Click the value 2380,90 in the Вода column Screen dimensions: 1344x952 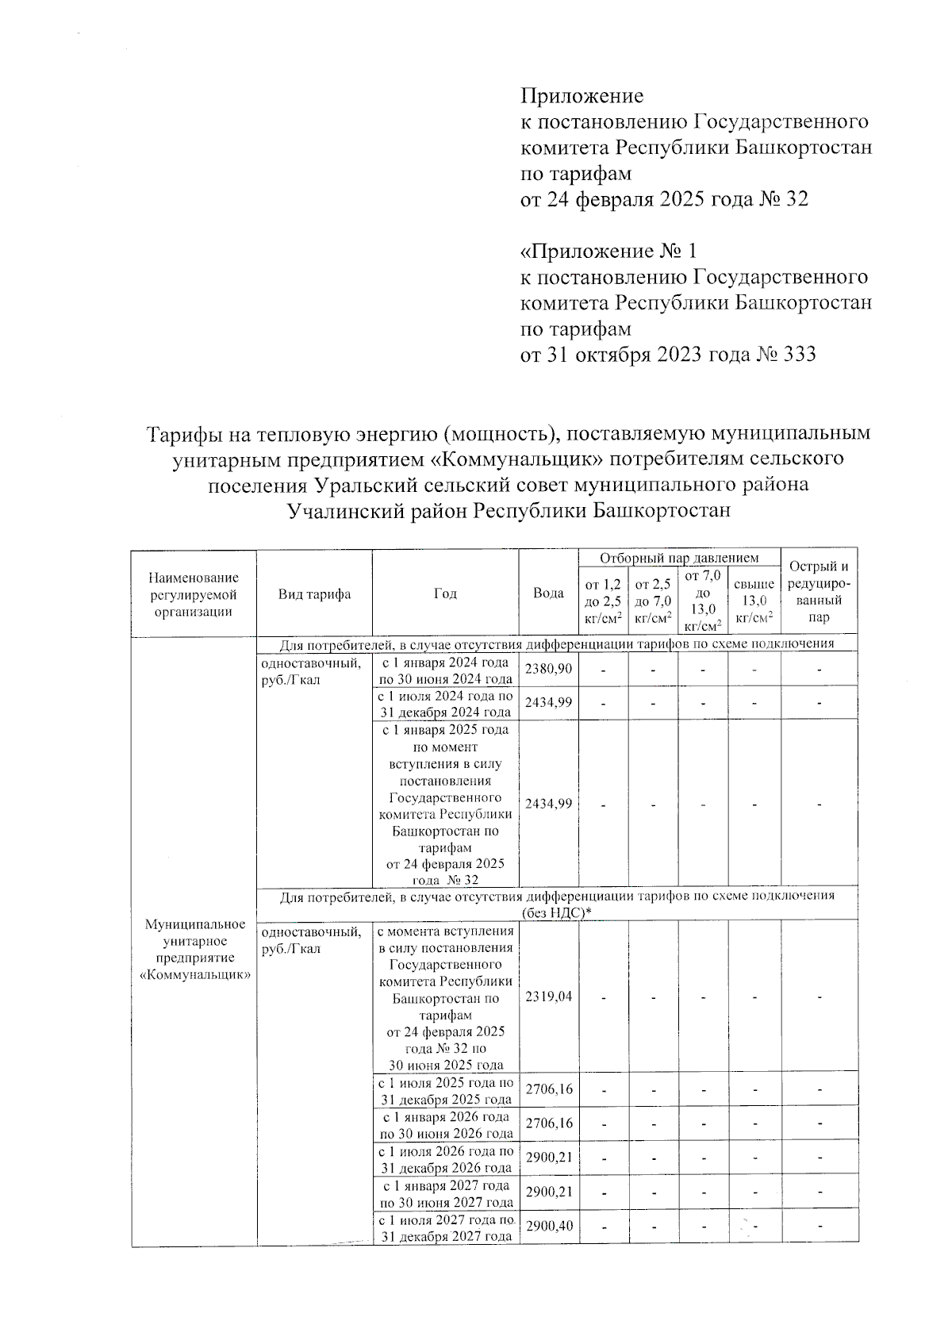click(x=548, y=669)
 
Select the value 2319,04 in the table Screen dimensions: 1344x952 click(x=548, y=996)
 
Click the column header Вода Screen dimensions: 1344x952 click(x=548, y=593)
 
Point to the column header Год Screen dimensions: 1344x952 click(x=445, y=593)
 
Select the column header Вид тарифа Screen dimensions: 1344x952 click(x=314, y=593)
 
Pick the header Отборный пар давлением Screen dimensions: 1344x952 click(x=679, y=559)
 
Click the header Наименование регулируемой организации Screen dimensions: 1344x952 click(x=194, y=594)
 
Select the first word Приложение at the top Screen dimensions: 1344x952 click(x=582, y=96)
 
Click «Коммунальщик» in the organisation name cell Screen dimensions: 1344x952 click(x=194, y=975)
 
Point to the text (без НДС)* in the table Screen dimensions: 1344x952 click(x=558, y=913)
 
